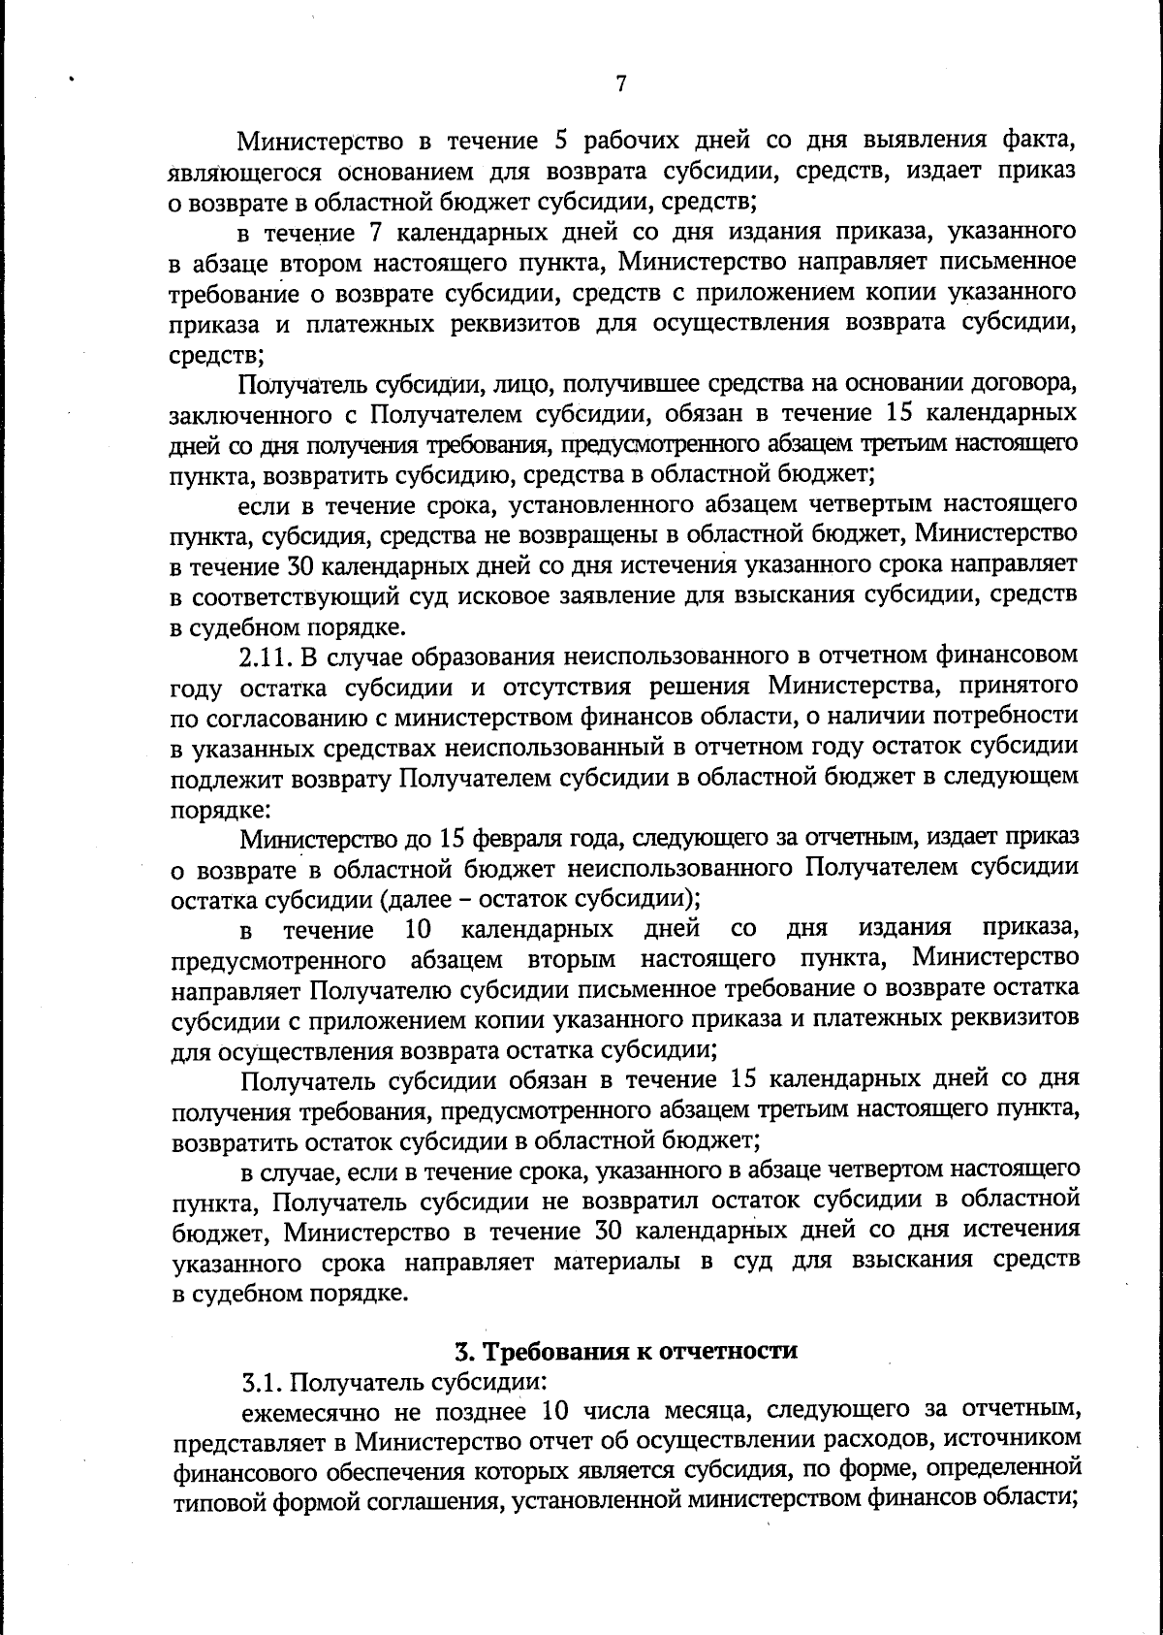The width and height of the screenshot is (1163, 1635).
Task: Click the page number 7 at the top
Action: click(x=620, y=84)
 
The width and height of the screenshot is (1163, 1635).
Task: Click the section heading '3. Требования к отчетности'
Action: click(x=626, y=1350)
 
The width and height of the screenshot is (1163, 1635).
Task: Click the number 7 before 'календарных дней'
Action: click(x=375, y=232)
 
